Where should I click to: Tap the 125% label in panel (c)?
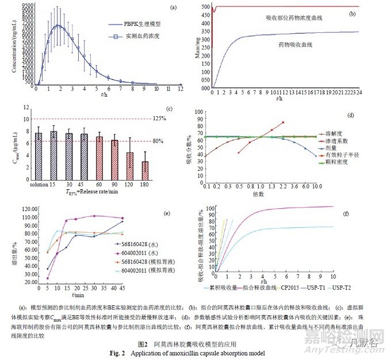[x=168, y=118]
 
